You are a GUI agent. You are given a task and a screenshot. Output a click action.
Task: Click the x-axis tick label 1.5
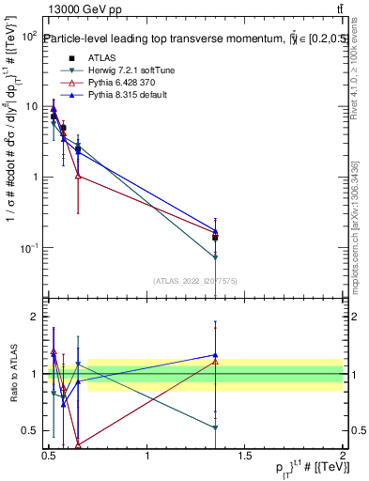pos(245,457)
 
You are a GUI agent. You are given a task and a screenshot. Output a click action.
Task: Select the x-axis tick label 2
pos(343,457)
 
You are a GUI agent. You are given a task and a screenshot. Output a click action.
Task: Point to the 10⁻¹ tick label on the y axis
pos(28,248)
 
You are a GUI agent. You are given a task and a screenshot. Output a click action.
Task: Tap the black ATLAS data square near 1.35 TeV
pos(216,238)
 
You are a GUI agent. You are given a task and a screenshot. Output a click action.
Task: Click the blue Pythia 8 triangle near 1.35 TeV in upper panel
pos(216,230)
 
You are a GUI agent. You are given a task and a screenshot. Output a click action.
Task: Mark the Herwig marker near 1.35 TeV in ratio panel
pos(216,427)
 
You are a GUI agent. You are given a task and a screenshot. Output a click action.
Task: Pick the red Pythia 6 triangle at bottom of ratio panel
pos(78,445)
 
